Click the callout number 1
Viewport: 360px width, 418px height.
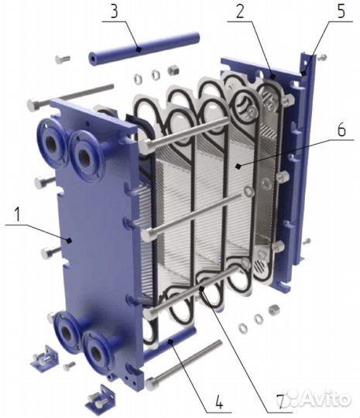coord(17,215)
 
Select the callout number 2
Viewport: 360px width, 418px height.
coord(240,12)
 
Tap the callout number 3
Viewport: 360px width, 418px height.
coord(114,12)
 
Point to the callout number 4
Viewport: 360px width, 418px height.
coord(219,401)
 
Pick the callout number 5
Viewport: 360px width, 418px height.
coord(341,11)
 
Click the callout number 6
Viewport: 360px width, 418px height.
coord(342,129)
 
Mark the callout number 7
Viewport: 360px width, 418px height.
coord(279,401)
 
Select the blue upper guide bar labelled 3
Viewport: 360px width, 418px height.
coord(144,47)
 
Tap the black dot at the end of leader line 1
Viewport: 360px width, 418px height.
coord(69,241)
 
